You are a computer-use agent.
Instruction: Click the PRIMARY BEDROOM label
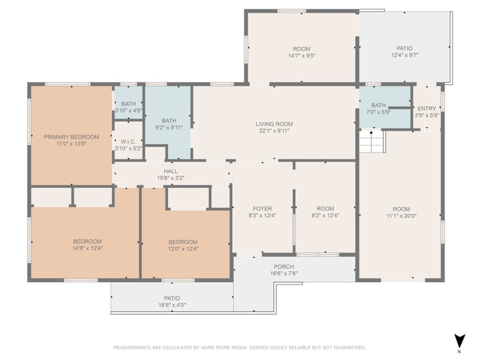tap(71, 137)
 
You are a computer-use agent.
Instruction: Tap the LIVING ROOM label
tap(274, 124)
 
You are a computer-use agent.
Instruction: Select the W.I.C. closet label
tap(128, 142)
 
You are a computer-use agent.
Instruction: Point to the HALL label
tap(170, 171)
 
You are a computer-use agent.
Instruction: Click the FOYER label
tap(262, 208)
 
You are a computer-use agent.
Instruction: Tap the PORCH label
tap(284, 266)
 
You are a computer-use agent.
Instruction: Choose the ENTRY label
tap(427, 109)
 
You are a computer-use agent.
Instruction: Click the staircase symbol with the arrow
tap(371, 142)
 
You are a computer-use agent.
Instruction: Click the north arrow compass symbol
tap(460, 341)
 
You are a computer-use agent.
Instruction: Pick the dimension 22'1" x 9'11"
tap(274, 131)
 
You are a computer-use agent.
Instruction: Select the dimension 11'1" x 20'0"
tap(401, 216)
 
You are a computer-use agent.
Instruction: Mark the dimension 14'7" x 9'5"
tap(302, 56)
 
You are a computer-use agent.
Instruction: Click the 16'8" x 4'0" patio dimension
tap(172, 305)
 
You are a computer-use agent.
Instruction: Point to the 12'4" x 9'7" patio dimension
tap(404, 55)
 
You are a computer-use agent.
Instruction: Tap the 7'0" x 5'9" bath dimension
tap(379, 112)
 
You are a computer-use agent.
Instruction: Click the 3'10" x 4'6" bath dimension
tap(128, 110)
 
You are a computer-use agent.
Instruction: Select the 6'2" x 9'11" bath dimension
tap(169, 127)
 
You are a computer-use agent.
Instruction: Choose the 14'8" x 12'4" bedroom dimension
tap(88, 248)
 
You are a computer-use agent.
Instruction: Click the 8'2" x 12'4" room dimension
tap(325, 215)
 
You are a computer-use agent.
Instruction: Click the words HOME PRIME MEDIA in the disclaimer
tap(224, 347)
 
